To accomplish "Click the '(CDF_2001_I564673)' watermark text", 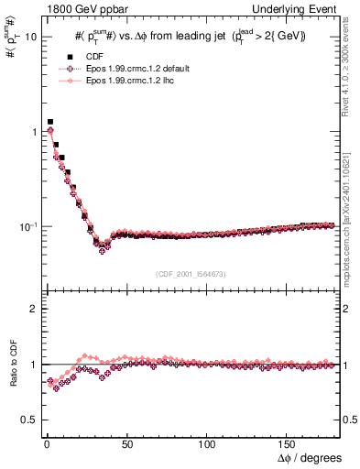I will tap(190, 274).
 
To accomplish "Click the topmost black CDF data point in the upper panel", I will tap(50, 121).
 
